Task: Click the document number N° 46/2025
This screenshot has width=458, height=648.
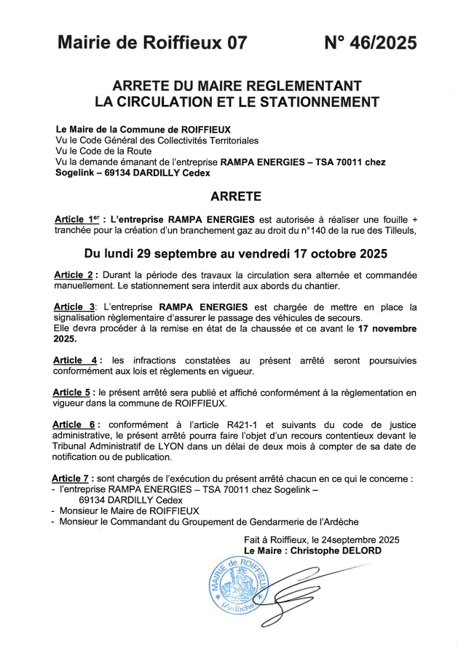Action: [370, 43]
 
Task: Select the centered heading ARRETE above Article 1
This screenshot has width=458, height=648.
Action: [235, 196]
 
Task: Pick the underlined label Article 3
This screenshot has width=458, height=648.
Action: [74, 307]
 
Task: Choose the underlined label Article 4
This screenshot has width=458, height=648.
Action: [75, 360]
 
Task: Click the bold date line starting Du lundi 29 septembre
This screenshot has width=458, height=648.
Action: [235, 254]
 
